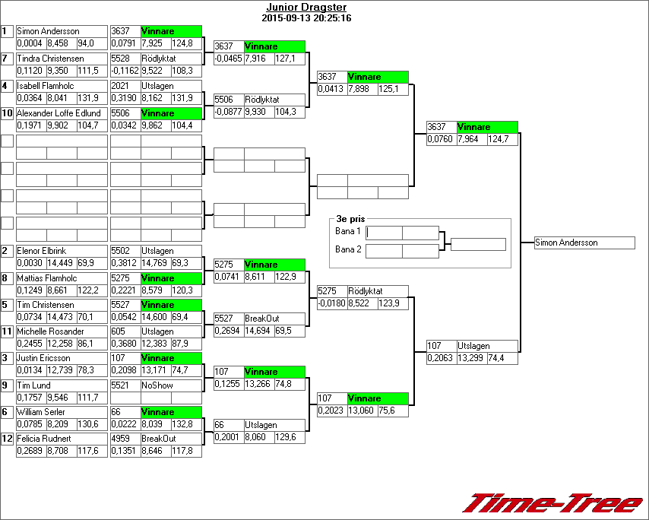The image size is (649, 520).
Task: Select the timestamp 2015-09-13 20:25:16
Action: [x=306, y=17]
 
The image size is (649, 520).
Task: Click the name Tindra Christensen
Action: [x=50, y=58]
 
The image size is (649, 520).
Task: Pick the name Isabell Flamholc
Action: [x=46, y=86]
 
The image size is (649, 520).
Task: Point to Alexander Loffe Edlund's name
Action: [x=59, y=113]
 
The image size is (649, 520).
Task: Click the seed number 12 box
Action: [x=7, y=438]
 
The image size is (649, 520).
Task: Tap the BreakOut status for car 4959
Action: [x=159, y=439]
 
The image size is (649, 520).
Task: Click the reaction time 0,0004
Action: [x=30, y=43]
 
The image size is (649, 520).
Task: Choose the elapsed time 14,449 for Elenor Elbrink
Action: [x=61, y=263]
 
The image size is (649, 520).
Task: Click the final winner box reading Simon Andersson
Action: [x=584, y=243]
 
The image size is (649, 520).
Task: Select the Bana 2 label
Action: [x=348, y=249]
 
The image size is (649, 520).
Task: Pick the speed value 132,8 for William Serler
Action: [x=186, y=424]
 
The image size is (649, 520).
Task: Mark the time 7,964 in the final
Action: [x=471, y=139]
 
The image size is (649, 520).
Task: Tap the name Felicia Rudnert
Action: [x=44, y=439]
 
